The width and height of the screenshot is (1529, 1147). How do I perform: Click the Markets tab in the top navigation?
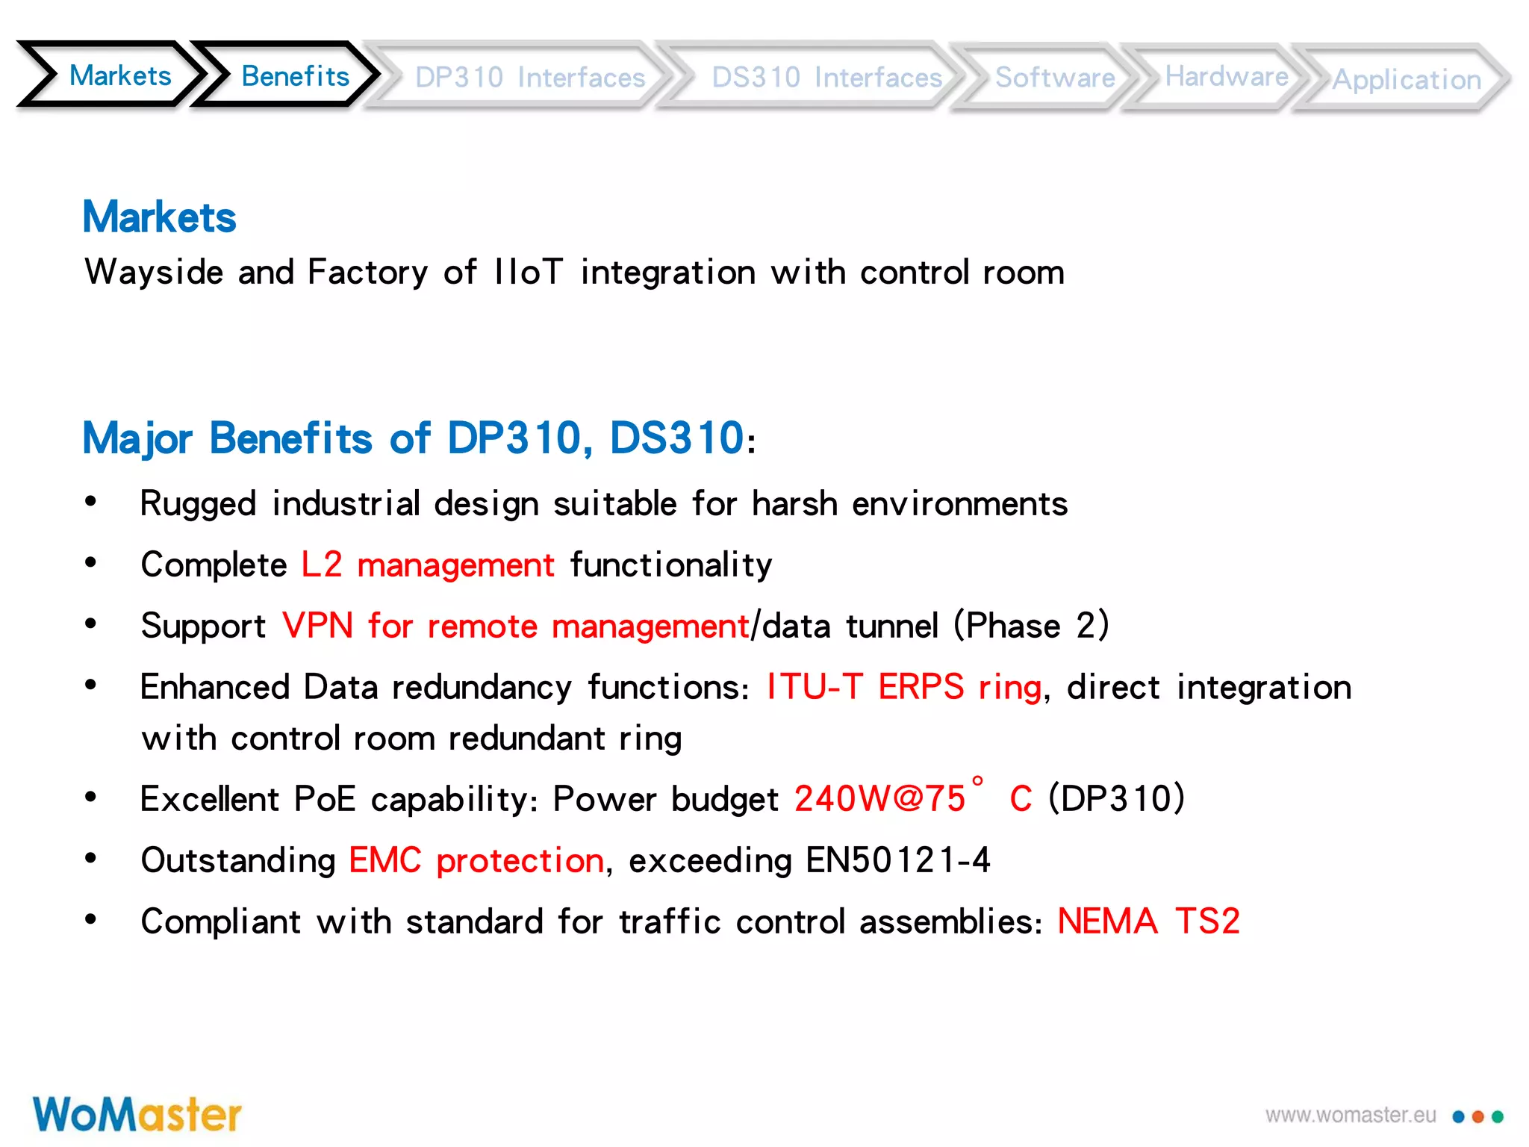(x=119, y=76)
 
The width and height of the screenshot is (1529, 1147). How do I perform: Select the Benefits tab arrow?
(x=295, y=76)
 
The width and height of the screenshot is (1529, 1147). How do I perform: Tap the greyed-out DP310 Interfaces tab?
(x=529, y=78)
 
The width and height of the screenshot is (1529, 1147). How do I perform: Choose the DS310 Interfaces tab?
(x=826, y=78)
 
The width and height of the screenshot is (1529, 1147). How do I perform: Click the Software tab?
(x=1054, y=78)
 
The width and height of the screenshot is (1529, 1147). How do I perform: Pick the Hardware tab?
(x=1226, y=76)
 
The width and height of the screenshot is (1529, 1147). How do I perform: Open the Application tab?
(x=1407, y=79)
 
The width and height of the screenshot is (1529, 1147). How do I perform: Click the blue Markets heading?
(x=159, y=217)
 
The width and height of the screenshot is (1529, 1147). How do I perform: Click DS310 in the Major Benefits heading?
(x=676, y=438)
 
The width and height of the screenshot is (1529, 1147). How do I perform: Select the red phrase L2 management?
(x=428, y=565)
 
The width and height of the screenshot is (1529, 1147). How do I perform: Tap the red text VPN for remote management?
(x=515, y=626)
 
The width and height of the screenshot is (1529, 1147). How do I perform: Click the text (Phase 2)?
(x=1031, y=626)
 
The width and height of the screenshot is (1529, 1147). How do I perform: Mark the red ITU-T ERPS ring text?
(x=903, y=687)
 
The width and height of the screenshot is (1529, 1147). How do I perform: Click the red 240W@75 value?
(x=879, y=799)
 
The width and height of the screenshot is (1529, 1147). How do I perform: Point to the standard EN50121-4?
(x=897, y=860)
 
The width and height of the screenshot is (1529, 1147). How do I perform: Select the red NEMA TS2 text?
(x=1148, y=921)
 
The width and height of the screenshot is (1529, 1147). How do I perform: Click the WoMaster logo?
(x=137, y=1115)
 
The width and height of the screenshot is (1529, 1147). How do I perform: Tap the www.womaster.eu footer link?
(x=1350, y=1116)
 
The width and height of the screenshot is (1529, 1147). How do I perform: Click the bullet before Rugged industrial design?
(x=91, y=502)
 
